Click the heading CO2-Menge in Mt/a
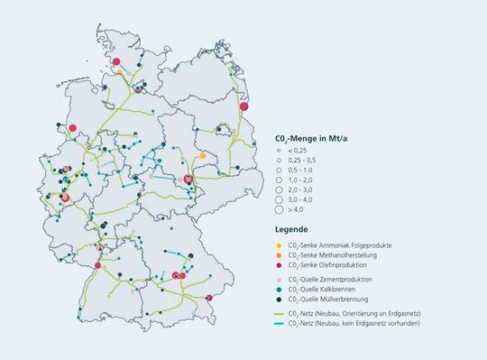click(311, 140)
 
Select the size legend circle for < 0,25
click(279, 151)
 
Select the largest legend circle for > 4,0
click(279, 209)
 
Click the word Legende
click(292, 228)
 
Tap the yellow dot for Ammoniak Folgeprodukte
click(279, 245)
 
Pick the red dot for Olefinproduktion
click(279, 265)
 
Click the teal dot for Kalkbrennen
click(279, 290)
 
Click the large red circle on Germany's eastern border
click(243, 106)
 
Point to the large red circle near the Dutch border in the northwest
click(73, 128)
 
